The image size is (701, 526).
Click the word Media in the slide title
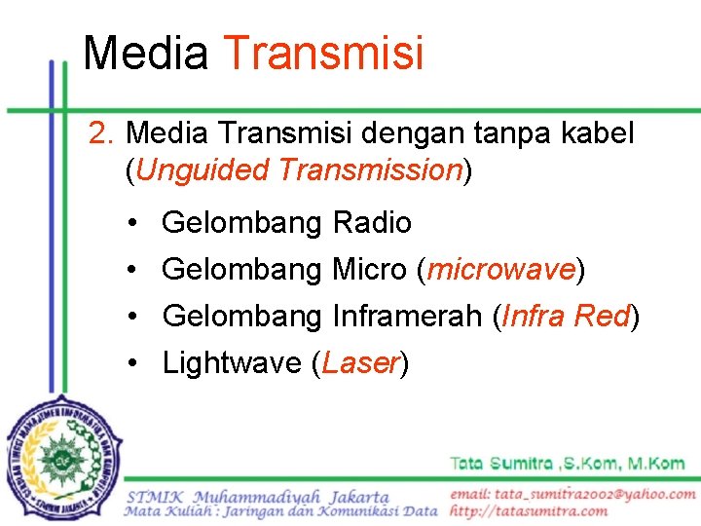click(x=145, y=53)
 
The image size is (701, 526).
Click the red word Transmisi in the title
click(x=323, y=53)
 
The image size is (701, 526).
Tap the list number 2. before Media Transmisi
click(x=102, y=133)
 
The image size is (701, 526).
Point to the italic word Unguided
click(x=203, y=170)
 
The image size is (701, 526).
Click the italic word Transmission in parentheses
click(x=369, y=170)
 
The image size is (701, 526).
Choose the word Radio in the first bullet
click(x=372, y=223)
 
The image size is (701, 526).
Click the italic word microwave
click(x=500, y=269)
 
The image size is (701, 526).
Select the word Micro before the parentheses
click(x=369, y=269)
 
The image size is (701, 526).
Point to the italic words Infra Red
click(x=566, y=316)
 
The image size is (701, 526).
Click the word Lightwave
click(x=232, y=362)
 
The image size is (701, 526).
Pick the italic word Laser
click(x=359, y=362)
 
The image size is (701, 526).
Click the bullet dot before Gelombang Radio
click(x=131, y=224)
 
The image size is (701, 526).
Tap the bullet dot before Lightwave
click(x=131, y=363)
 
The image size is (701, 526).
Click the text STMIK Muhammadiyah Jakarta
click(x=257, y=497)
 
